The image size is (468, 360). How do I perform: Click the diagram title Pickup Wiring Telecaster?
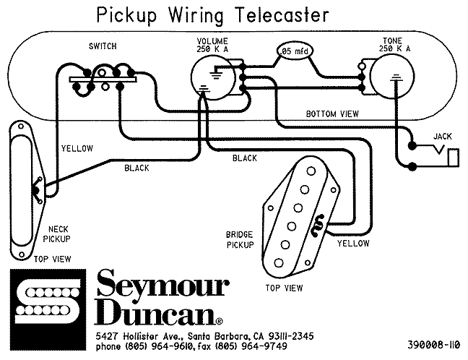tap(200, 14)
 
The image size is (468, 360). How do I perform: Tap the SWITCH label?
tap(103, 47)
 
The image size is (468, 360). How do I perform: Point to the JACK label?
tap(441, 137)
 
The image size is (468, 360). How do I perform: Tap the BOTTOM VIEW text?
tap(331, 114)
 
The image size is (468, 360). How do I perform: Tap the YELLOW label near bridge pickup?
tap(352, 244)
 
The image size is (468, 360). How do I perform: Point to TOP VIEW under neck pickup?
tap(50, 258)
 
